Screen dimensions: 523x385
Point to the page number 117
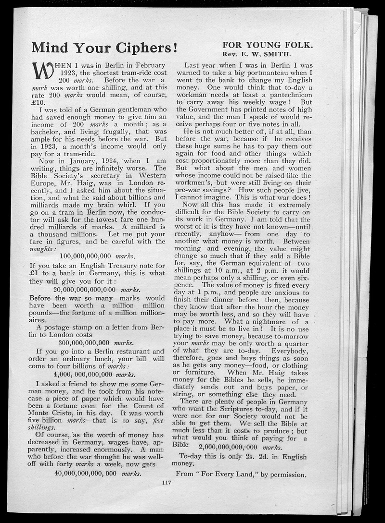[x=167, y=483]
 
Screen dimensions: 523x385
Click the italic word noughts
[x=43, y=249]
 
